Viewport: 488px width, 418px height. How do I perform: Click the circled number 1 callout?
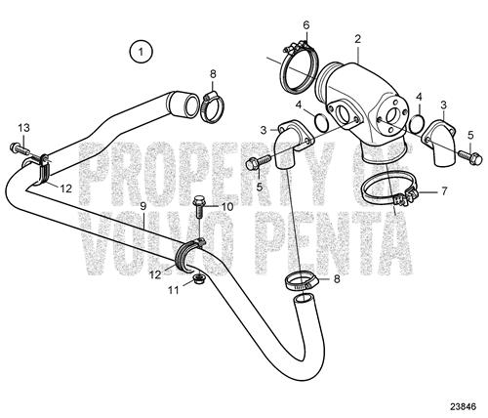[x=141, y=52]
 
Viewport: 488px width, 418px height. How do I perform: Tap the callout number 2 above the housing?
[x=358, y=39]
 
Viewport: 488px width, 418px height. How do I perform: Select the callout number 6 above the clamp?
[x=306, y=25]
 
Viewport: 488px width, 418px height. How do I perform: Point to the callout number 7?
[x=444, y=190]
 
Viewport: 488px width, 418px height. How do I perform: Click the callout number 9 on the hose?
[x=143, y=206]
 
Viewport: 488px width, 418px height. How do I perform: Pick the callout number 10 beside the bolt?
[x=227, y=207]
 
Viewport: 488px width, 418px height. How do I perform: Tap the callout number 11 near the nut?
[x=174, y=290]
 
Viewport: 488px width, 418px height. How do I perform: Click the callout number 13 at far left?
[x=23, y=128]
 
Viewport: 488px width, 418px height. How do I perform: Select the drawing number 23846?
[x=463, y=406]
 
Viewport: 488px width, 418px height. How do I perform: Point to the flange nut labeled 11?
[x=196, y=279]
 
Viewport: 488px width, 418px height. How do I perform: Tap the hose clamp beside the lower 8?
[x=302, y=282]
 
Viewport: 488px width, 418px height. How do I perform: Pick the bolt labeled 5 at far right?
[x=470, y=157]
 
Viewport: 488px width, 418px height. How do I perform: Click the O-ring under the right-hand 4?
[x=416, y=123]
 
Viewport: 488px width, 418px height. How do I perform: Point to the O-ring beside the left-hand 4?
[x=322, y=122]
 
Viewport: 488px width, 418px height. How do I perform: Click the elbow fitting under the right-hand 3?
[x=440, y=145]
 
